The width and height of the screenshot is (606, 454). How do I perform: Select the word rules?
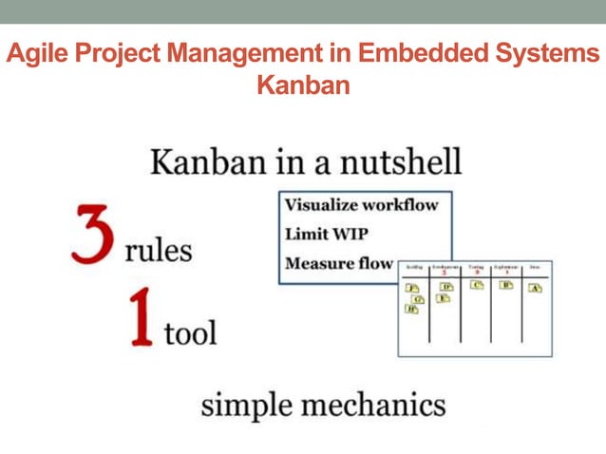[x=159, y=251]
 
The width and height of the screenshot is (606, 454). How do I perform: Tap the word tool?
[x=189, y=333]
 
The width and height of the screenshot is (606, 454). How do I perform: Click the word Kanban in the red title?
[x=303, y=85]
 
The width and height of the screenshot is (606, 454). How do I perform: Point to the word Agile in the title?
[x=34, y=54]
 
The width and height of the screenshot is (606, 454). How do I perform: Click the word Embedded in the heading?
[x=424, y=54]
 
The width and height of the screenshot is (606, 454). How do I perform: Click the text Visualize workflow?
[x=354, y=205]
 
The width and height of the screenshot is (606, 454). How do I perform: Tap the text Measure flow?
[x=338, y=263]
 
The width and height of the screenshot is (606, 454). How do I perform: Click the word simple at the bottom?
[x=244, y=405]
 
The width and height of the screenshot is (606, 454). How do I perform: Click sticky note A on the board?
[x=535, y=288]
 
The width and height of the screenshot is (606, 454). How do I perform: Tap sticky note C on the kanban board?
[x=478, y=285]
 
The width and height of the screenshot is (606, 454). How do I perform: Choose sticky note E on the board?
[x=443, y=298]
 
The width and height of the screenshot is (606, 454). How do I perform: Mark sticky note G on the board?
[x=417, y=298]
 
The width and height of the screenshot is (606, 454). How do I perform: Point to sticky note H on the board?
[x=411, y=309]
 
